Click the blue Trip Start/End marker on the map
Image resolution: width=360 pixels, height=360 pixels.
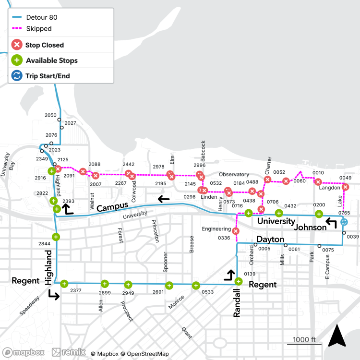(344, 222)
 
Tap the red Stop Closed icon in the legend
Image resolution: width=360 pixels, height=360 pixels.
(17, 45)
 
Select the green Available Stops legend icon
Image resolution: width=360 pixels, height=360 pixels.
(17, 60)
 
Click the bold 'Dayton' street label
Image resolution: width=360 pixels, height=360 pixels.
(271, 239)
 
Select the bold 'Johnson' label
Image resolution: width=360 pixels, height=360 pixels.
(310, 228)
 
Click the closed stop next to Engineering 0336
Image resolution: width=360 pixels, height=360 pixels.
(236, 231)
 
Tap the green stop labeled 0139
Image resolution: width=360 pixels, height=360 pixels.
(239, 281)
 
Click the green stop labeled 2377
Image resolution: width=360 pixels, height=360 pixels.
(64, 283)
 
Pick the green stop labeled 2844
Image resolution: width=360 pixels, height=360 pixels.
(56, 237)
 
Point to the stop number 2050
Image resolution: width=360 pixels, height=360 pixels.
(50, 115)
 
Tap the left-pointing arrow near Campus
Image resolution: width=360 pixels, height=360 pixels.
(164, 199)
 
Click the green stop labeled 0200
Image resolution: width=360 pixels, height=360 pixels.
(319, 214)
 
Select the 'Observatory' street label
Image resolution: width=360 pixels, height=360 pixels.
(234, 174)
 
